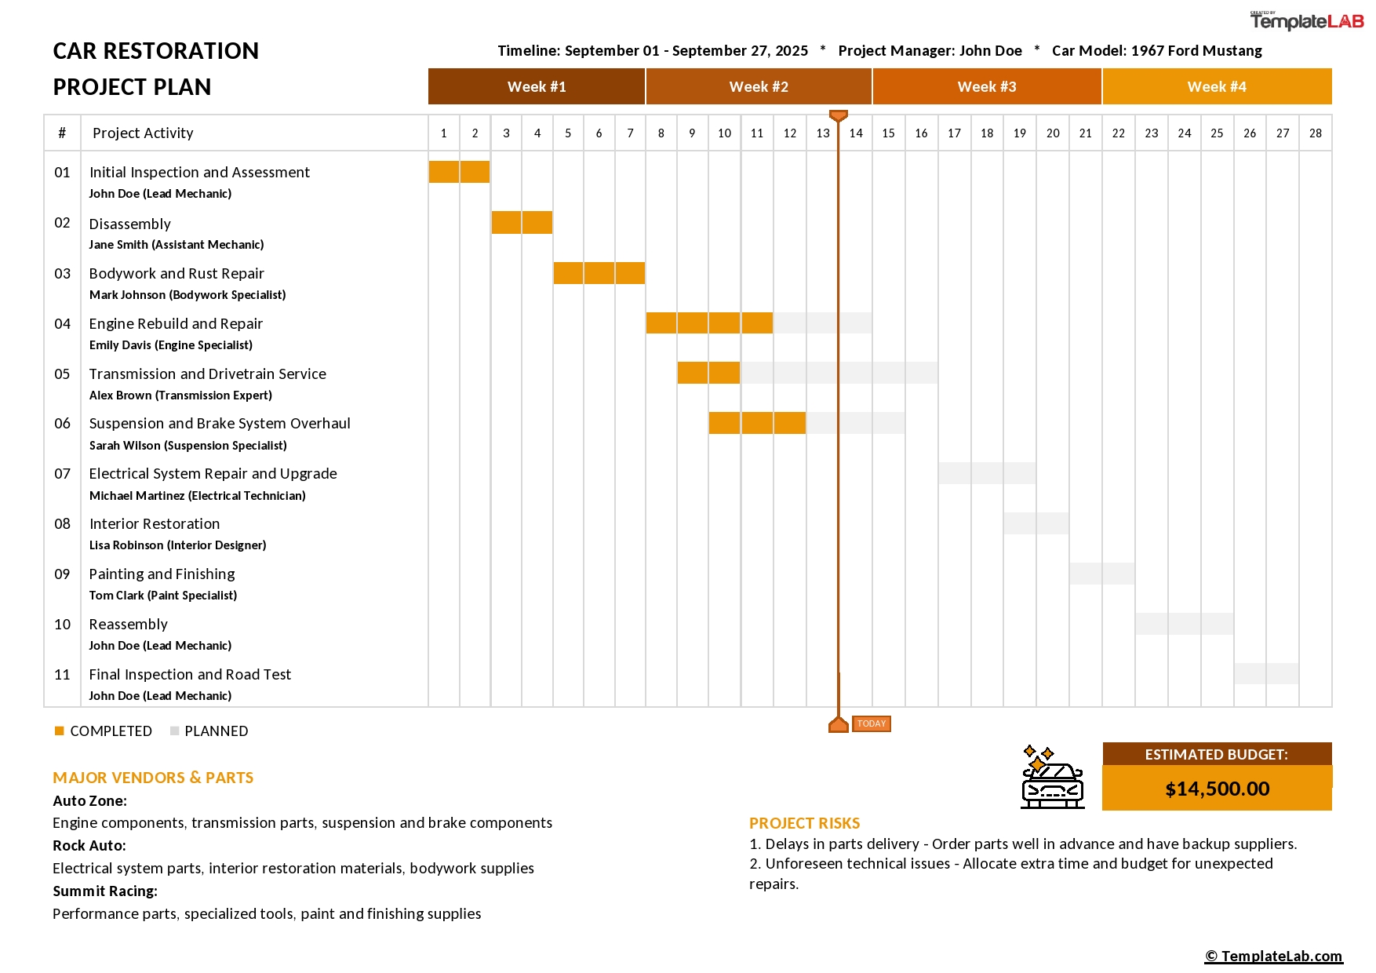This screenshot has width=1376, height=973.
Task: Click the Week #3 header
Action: click(x=986, y=86)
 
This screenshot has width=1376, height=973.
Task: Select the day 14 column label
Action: click(x=855, y=133)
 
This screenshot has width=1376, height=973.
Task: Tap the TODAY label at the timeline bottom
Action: click(x=871, y=723)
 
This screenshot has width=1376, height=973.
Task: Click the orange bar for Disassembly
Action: click(x=522, y=223)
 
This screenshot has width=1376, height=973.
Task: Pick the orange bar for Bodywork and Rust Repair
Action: click(x=599, y=273)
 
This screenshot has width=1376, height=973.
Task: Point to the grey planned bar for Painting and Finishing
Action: click(x=1101, y=574)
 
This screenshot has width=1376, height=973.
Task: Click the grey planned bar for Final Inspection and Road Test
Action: click(x=1265, y=674)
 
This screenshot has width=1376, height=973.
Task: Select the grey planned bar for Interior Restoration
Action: click(x=1036, y=523)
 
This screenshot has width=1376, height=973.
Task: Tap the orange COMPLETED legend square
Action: click(x=59, y=731)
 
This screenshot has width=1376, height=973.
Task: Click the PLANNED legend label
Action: click(x=216, y=731)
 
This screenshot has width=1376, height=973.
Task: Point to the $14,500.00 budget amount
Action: click(x=1217, y=789)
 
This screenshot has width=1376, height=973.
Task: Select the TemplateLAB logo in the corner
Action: click(x=1306, y=21)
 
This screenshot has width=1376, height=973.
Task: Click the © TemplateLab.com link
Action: click(x=1273, y=956)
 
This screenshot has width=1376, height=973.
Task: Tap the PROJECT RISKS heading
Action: click(x=804, y=823)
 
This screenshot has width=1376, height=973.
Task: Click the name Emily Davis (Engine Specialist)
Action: click(x=170, y=345)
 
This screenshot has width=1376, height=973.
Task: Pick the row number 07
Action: click(x=62, y=474)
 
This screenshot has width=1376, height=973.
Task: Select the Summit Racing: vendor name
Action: click(x=105, y=891)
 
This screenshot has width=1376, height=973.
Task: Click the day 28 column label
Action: click(x=1315, y=133)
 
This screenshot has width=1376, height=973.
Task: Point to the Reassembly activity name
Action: click(x=128, y=625)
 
